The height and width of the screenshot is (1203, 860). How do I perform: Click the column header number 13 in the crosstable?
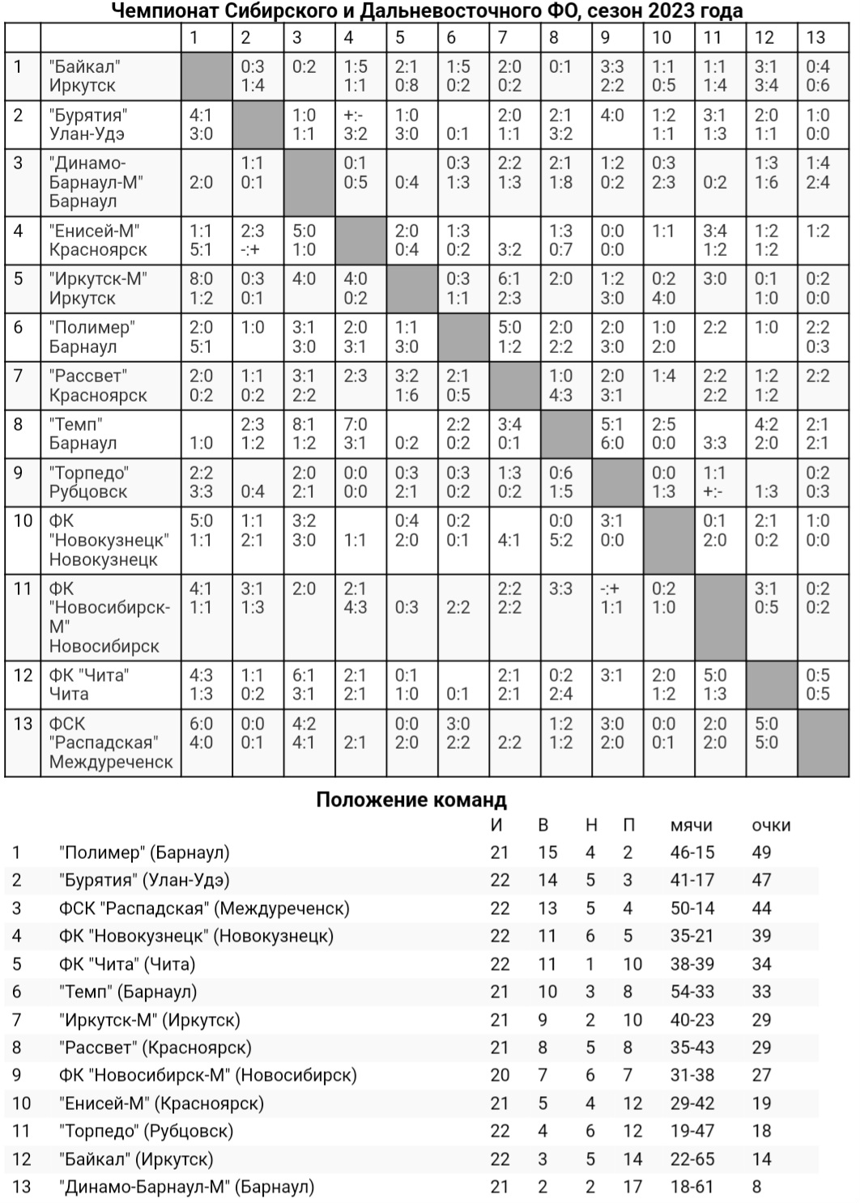[815, 37]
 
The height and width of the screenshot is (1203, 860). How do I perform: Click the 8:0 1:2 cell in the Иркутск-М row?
[201, 288]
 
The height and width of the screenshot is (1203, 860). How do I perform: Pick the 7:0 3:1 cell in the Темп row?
[355, 434]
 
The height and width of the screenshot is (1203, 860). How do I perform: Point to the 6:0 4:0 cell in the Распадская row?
[201, 733]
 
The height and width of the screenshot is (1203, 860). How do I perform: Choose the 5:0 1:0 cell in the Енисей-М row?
[304, 240]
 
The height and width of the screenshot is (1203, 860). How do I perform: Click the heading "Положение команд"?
[411, 801]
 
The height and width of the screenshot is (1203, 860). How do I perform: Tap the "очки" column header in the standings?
[771, 826]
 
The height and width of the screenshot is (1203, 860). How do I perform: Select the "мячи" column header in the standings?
[691, 826]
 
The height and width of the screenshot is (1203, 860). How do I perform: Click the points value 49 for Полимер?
[761, 852]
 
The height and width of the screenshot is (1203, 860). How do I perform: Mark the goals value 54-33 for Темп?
[692, 992]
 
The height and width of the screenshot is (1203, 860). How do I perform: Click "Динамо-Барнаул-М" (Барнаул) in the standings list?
[186, 1187]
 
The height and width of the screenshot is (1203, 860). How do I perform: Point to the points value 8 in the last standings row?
[757, 1187]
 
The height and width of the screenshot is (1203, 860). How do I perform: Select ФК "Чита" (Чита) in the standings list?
[127, 964]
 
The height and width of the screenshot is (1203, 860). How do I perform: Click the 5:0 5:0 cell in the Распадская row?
[766, 733]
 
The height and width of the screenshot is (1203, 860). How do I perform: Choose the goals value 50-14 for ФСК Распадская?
[692, 908]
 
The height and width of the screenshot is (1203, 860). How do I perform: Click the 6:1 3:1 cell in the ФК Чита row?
[304, 685]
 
